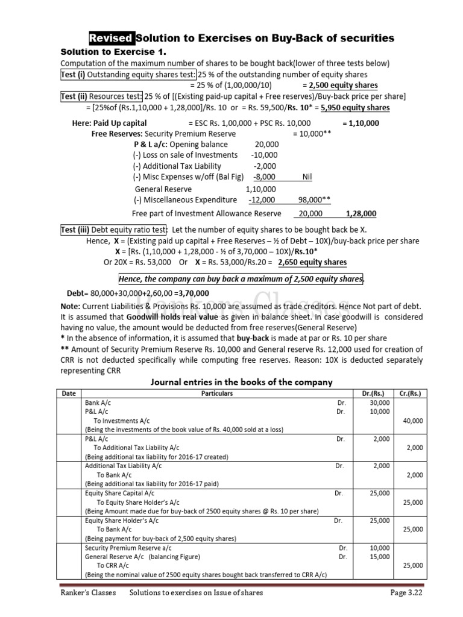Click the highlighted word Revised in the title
pos(112,39)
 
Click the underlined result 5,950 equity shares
pos(355,108)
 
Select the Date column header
pos(69,393)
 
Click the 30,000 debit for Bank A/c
pos(380,402)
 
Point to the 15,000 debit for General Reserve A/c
pos(380,557)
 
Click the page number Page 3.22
pos(408,594)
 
